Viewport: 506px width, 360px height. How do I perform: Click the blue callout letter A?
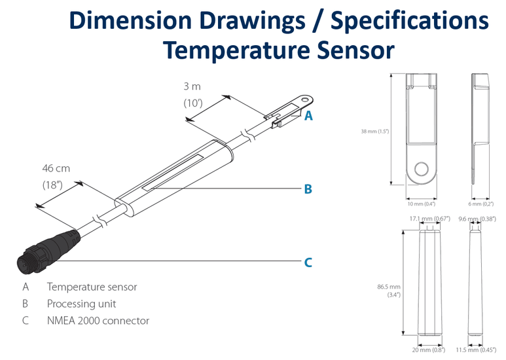tap(308, 115)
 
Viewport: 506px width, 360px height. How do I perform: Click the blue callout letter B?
tap(308, 189)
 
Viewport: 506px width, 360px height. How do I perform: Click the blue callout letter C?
tap(308, 262)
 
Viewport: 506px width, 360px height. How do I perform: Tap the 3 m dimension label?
tap(192, 85)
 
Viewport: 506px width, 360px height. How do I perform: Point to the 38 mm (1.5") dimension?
tap(375, 131)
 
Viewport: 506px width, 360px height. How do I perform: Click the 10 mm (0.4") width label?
tap(422, 204)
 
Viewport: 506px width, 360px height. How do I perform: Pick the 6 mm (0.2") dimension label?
tap(482, 204)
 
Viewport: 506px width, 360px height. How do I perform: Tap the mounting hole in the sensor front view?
tap(422, 169)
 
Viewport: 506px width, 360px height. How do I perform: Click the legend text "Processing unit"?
tap(81, 304)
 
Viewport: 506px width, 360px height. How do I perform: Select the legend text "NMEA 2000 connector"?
tap(98, 321)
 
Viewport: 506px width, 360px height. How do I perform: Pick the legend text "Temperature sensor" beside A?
tap(92, 287)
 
